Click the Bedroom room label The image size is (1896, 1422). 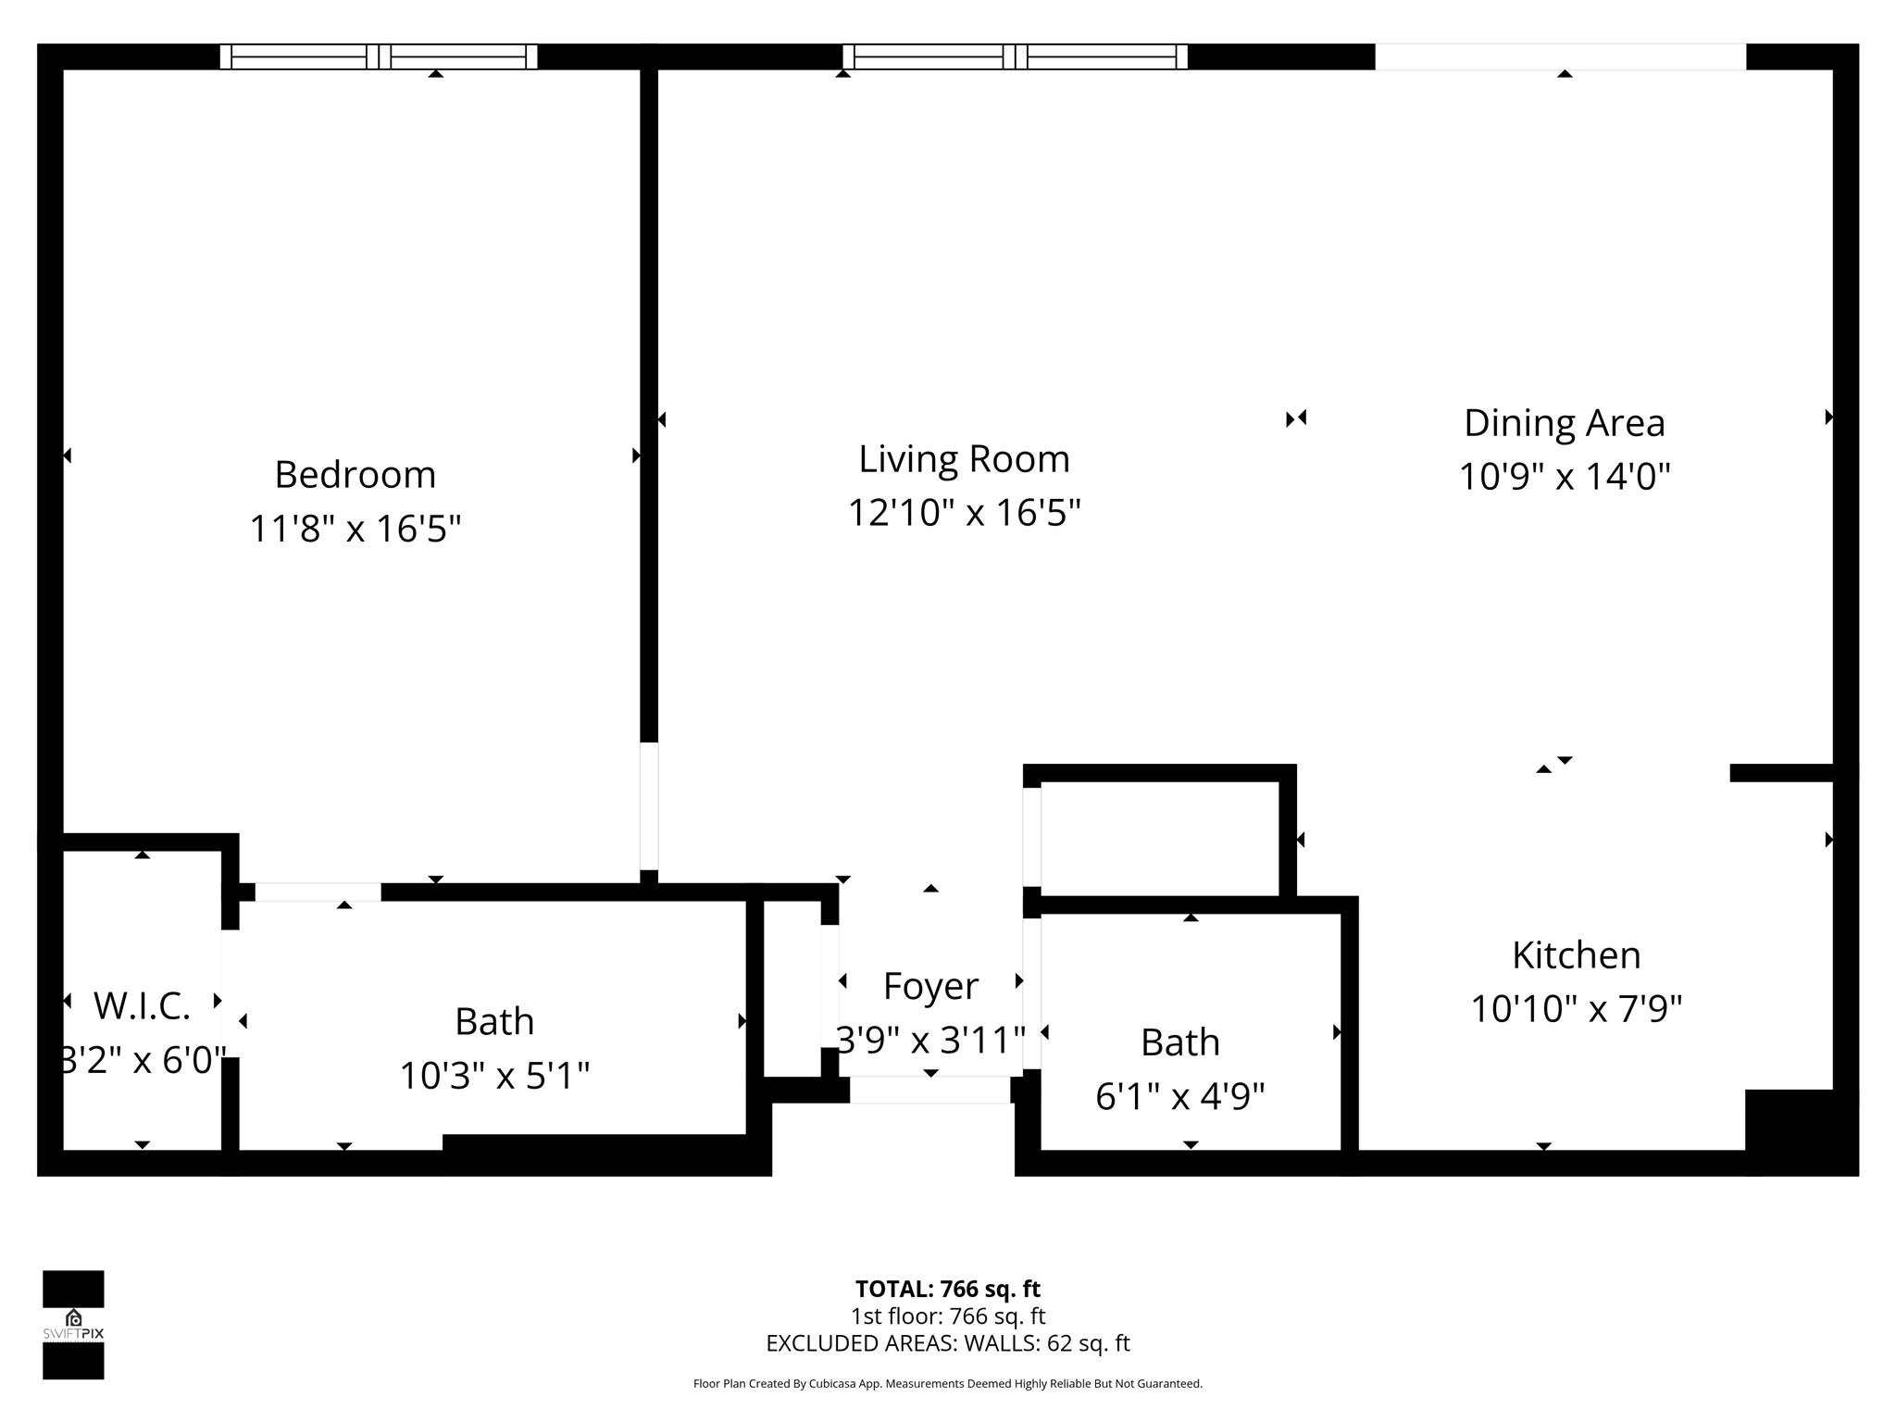point(355,475)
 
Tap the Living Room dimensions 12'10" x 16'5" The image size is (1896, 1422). point(964,512)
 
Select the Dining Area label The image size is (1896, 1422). point(1564,423)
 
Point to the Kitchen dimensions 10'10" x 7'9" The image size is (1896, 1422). point(1576,1008)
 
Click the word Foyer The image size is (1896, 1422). point(930,986)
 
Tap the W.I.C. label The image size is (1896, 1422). point(142,1006)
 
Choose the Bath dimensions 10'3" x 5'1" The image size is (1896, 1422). point(494,1076)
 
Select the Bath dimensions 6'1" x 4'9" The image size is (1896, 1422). point(1179,1097)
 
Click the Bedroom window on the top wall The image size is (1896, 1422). point(379,57)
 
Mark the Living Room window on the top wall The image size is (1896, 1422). point(1016,57)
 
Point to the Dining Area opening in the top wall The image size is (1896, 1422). point(1560,57)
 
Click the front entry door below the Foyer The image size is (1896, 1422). point(929,1091)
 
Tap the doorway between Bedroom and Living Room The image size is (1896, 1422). point(649,805)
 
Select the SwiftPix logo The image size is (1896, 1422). point(73,1325)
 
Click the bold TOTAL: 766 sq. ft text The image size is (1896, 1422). point(947,1289)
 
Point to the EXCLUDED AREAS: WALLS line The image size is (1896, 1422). point(947,1343)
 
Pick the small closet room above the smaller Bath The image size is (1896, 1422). point(1159,838)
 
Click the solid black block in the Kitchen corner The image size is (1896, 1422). point(1790,1122)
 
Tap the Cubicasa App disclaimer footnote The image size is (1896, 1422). point(947,1384)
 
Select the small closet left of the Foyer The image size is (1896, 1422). point(792,988)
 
